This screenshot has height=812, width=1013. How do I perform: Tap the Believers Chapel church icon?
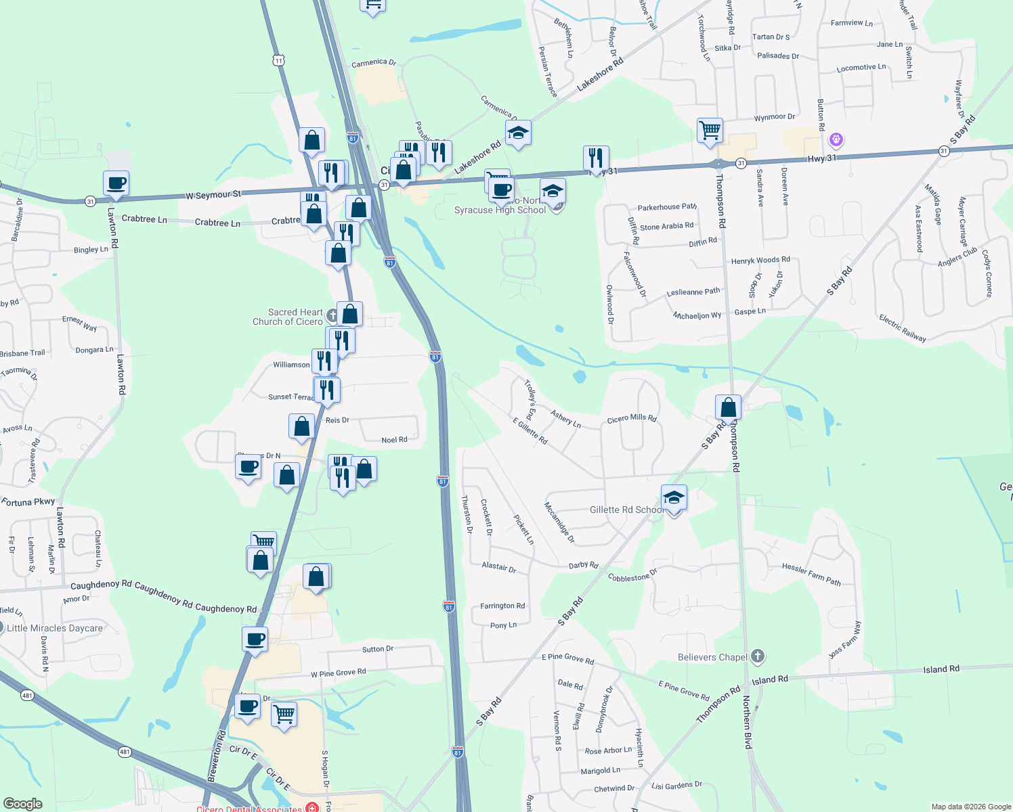pos(758,656)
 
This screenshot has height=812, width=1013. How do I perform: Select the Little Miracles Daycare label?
pos(55,628)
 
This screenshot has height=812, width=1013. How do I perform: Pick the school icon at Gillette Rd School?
pos(674,498)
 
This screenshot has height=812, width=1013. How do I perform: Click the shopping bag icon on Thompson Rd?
pos(728,407)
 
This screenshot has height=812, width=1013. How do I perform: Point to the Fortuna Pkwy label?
pos(28,502)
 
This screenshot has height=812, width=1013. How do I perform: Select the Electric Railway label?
pos(903,328)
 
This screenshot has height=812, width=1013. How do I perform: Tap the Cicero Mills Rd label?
pos(632,418)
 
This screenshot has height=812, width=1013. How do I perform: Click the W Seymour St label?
pos(213,195)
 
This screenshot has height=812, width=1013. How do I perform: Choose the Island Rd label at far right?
pos(941,669)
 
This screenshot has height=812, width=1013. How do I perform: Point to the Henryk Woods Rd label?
pos(760,260)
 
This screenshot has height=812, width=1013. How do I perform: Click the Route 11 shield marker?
pos(279,60)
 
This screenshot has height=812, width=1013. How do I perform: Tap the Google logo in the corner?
pos(22,804)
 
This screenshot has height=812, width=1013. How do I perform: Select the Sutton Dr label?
pos(377,649)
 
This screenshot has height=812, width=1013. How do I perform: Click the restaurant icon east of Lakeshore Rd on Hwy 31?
pos(596,158)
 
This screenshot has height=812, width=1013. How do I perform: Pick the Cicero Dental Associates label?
pos(249,809)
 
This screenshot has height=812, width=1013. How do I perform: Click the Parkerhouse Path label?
pos(666,207)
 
